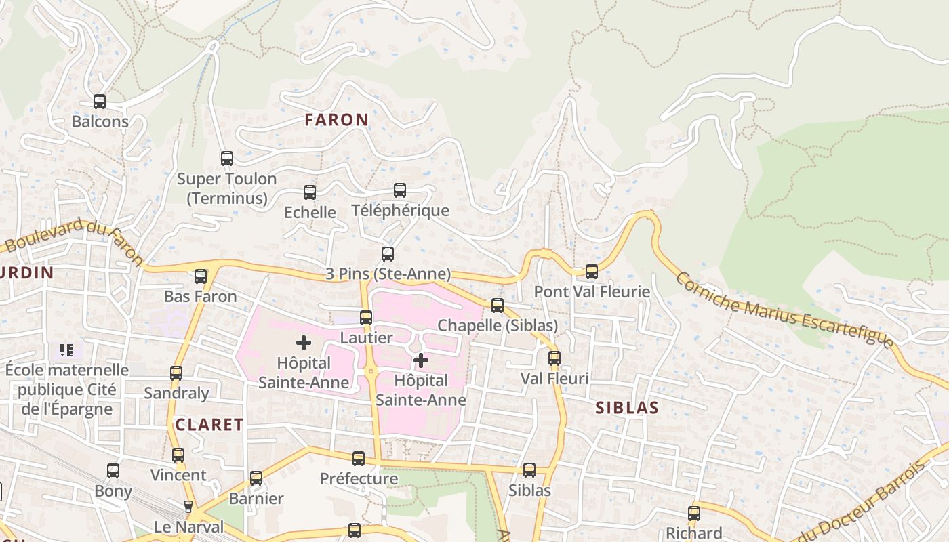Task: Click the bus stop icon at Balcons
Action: [x=100, y=102]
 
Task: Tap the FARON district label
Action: [x=337, y=120]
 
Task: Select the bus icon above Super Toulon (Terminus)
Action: [x=227, y=159]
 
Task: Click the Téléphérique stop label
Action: [x=400, y=210]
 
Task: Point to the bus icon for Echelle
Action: [x=310, y=192]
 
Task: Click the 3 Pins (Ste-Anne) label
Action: [x=388, y=274]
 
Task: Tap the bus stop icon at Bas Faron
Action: [x=201, y=276]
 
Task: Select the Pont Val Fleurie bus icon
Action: [x=592, y=272]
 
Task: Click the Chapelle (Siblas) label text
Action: [x=498, y=325]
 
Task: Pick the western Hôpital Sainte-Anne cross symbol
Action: [x=304, y=343]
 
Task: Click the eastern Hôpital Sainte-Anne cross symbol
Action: [x=421, y=360]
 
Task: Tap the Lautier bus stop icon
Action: [x=366, y=317]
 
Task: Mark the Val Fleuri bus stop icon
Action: [x=554, y=358]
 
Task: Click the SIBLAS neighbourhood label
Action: [x=627, y=407]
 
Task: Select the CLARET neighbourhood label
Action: [x=209, y=425]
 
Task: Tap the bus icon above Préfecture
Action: [x=359, y=459]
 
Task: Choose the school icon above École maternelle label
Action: [x=66, y=350]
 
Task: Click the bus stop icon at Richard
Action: [x=694, y=513]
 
